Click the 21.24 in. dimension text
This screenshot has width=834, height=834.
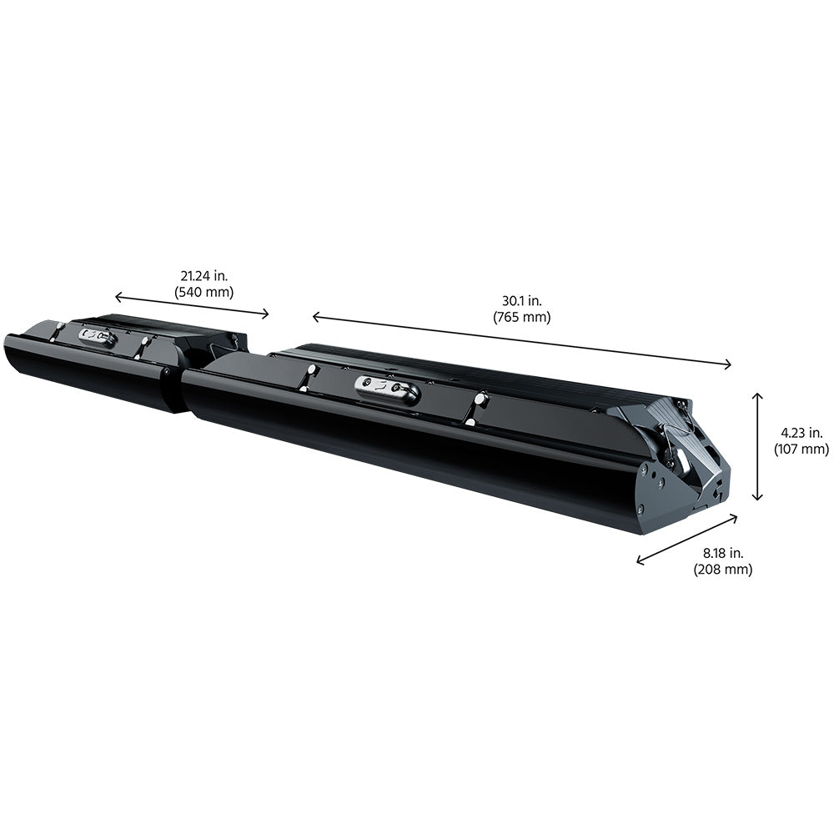(x=204, y=276)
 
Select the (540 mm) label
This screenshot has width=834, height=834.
(x=204, y=292)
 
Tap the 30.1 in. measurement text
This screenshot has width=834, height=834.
(x=522, y=301)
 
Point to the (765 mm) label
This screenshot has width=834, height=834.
(x=522, y=317)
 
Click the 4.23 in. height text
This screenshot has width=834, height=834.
(x=801, y=433)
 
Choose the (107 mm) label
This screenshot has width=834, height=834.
(x=801, y=449)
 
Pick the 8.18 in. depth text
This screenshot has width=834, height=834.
(x=723, y=553)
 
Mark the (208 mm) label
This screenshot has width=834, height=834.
(x=723, y=569)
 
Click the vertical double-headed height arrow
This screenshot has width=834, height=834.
(x=758, y=447)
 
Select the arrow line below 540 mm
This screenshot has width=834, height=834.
(x=192, y=305)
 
